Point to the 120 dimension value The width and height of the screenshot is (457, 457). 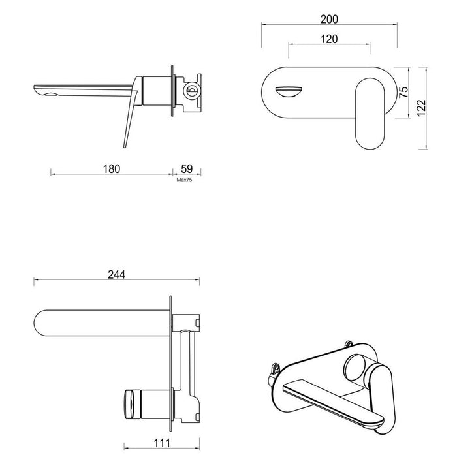(x=328, y=39)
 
